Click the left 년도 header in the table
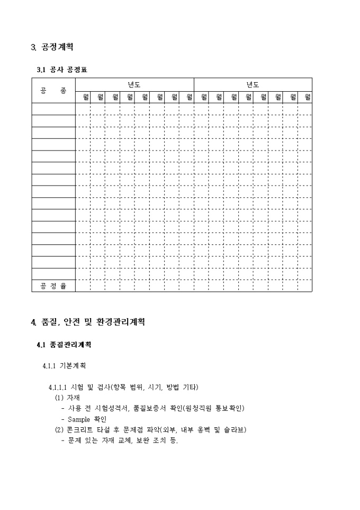[x=134, y=85]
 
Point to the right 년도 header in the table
[x=253, y=85]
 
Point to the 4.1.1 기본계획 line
[x=64, y=366]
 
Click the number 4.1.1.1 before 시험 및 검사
[x=58, y=387]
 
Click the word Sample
[x=79, y=419]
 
